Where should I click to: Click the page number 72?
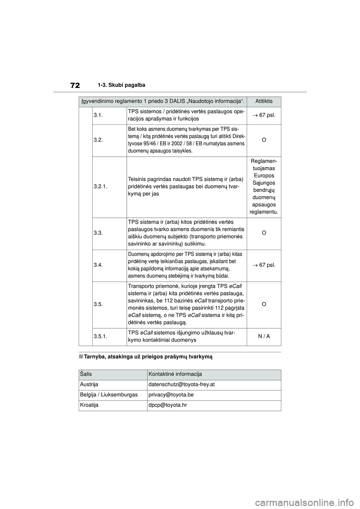click(75, 85)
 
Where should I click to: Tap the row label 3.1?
click(98, 115)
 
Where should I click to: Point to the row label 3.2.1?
click(100, 186)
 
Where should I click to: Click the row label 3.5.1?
click(100, 337)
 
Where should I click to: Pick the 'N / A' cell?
click(264, 337)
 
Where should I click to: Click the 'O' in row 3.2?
click(264, 140)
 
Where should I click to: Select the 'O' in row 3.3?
click(264, 233)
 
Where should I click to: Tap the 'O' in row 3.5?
click(264, 304)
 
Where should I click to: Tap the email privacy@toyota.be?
click(171, 395)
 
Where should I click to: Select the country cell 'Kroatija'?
click(89, 405)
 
